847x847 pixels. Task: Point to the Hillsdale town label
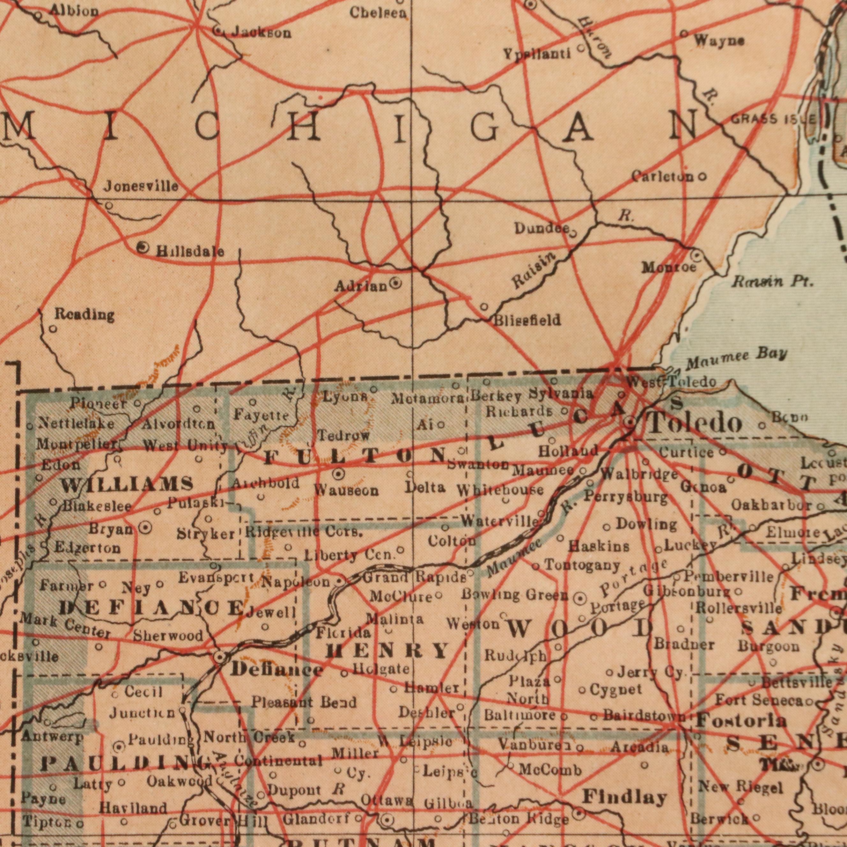tap(190, 252)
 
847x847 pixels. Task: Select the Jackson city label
tap(261, 33)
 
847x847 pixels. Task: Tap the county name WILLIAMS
tap(127, 484)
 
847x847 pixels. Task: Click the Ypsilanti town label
tap(537, 54)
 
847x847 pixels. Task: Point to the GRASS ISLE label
tap(773, 119)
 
